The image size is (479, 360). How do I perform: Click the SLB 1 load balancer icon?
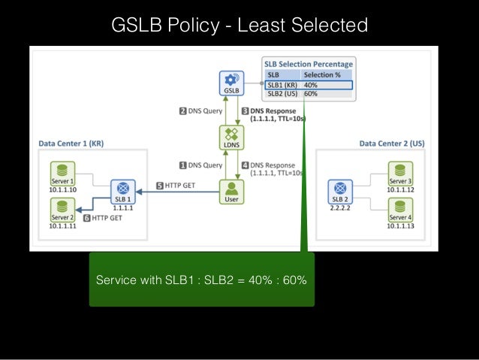[x=122, y=189]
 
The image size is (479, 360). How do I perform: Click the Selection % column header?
[x=321, y=75]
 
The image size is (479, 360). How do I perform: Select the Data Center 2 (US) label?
[x=391, y=143]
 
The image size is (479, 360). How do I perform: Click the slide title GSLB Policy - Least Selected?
[x=239, y=26]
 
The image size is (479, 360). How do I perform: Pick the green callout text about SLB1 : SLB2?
[x=201, y=280]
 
